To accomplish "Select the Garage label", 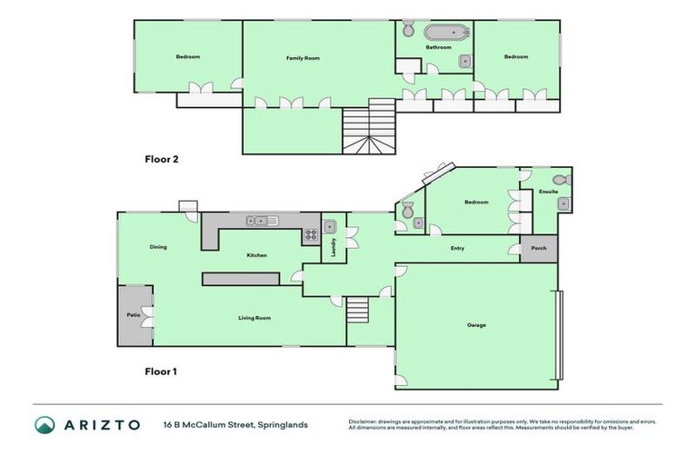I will tap(476, 325).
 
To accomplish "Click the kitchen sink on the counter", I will tap(260, 220).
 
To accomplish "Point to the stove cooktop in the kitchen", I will tap(311, 235).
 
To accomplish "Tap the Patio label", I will tap(132, 315).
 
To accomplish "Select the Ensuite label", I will tap(547, 192).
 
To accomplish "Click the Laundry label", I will tap(334, 248).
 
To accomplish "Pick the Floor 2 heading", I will tap(162, 159).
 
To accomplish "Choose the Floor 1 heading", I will tap(162, 371).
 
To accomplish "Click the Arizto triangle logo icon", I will tap(45, 424).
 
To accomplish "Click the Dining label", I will tap(158, 247).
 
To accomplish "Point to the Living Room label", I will tap(254, 318).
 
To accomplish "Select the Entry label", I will tap(457, 248).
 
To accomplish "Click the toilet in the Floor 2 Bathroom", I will tap(408, 27).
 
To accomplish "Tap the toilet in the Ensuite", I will tap(560, 180).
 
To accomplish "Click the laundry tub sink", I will tap(331, 227).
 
